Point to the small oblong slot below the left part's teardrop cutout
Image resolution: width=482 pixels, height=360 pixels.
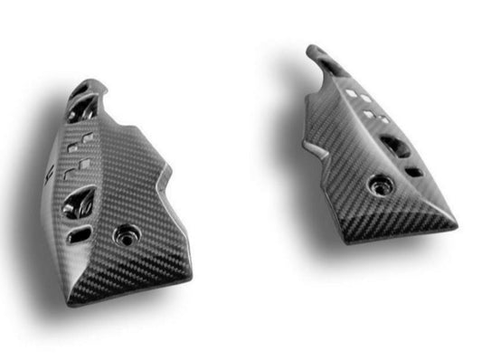(80, 233)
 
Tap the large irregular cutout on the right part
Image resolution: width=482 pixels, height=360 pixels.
(393, 145)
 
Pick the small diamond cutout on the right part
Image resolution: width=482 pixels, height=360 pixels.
(412, 169)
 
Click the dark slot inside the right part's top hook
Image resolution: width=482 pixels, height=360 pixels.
(332, 65)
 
